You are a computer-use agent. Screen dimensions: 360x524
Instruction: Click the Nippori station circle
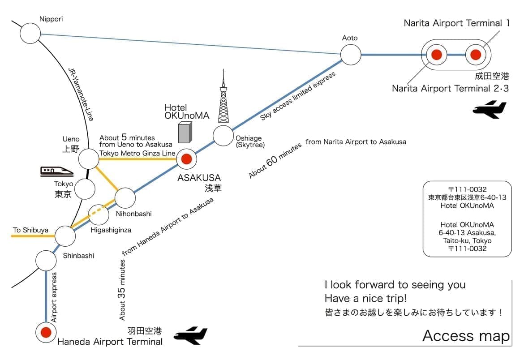(30, 33)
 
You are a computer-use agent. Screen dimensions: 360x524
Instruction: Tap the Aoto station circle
(351, 55)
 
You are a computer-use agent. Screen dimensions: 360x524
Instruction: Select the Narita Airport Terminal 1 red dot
(475, 55)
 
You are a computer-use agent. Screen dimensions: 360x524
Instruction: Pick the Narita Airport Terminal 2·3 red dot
(436, 55)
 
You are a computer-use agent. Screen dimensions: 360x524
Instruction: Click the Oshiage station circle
(223, 136)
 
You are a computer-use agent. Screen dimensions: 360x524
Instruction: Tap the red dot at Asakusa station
(186, 159)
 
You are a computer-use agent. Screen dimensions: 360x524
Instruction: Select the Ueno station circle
(89, 159)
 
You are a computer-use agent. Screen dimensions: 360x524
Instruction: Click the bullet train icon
(56, 171)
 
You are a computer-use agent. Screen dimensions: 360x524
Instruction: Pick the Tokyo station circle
(85, 189)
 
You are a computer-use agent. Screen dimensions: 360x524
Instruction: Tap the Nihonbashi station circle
(125, 197)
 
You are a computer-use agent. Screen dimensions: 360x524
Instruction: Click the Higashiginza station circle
(99, 215)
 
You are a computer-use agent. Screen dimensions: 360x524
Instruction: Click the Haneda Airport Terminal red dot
(46, 332)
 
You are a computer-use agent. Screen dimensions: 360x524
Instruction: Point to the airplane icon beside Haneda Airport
(191, 336)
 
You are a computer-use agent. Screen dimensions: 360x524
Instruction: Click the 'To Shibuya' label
(30, 230)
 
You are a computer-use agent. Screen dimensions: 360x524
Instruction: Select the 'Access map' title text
(466, 335)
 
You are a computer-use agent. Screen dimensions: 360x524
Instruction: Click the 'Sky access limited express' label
(297, 96)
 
